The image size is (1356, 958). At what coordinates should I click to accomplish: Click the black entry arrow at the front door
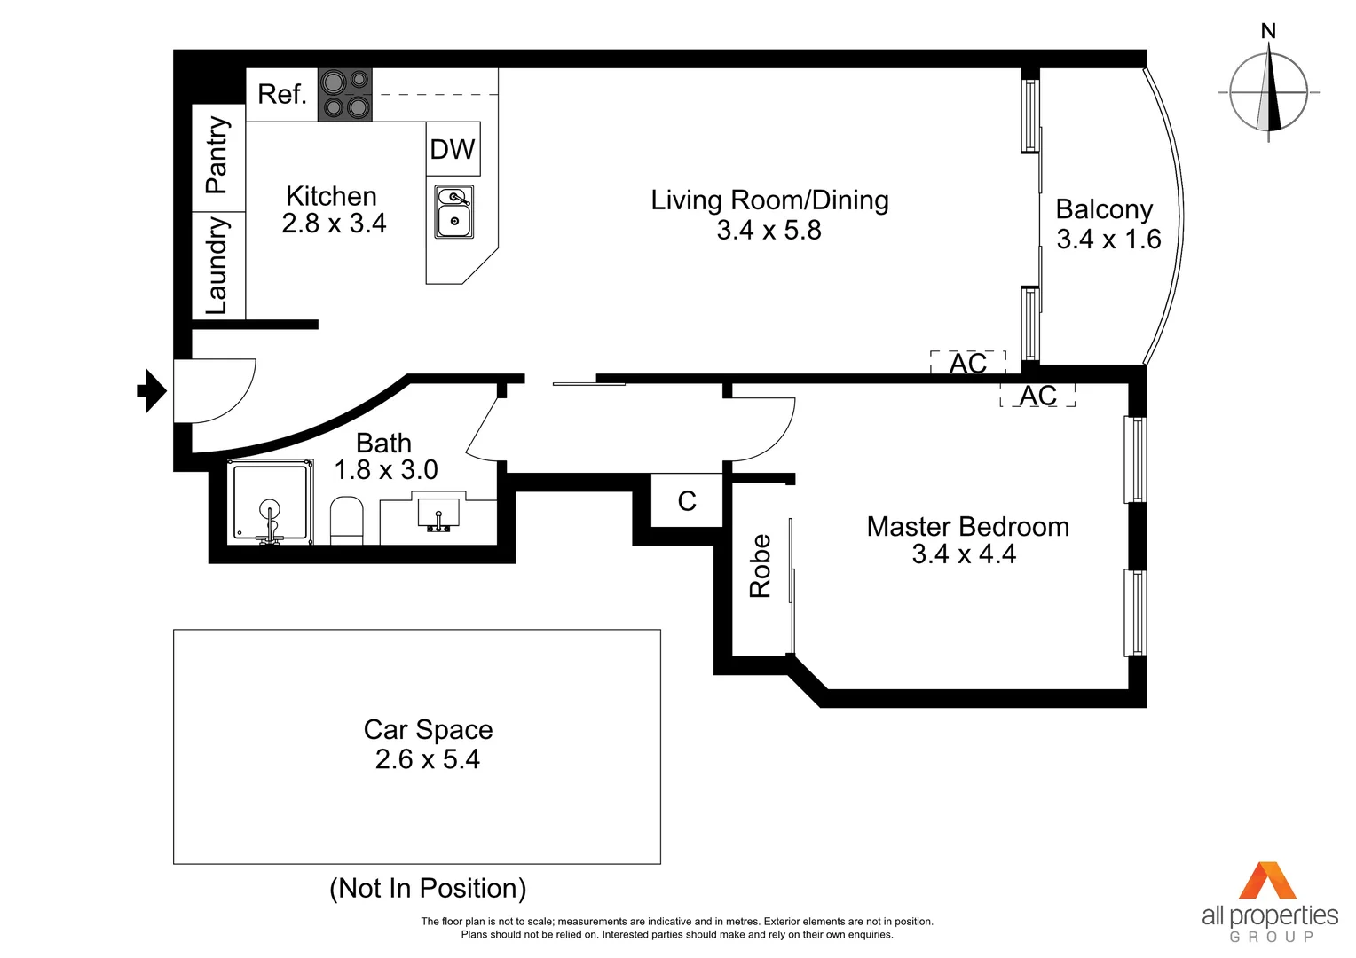point(152,390)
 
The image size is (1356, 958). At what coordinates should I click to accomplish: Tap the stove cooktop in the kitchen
point(345,94)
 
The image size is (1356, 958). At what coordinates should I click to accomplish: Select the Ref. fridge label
point(281,94)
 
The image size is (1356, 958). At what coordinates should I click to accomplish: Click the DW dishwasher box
point(453,149)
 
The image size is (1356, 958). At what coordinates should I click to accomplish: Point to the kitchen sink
point(454,211)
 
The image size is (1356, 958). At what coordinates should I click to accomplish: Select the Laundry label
point(217,264)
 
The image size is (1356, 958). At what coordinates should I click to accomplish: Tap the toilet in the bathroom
point(347,520)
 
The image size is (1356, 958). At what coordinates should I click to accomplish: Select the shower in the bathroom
point(271,502)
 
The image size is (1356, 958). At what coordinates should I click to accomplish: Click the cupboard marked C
point(687,501)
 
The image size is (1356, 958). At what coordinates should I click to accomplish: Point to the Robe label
point(761,566)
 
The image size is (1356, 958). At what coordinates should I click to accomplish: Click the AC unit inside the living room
point(967,363)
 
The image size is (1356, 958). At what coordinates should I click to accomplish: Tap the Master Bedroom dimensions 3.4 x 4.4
point(964,554)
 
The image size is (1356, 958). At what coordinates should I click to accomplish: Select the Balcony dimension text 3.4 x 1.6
point(1108,239)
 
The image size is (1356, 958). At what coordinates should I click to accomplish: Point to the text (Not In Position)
point(428,888)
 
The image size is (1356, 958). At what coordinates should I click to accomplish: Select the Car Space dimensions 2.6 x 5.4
point(428,759)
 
